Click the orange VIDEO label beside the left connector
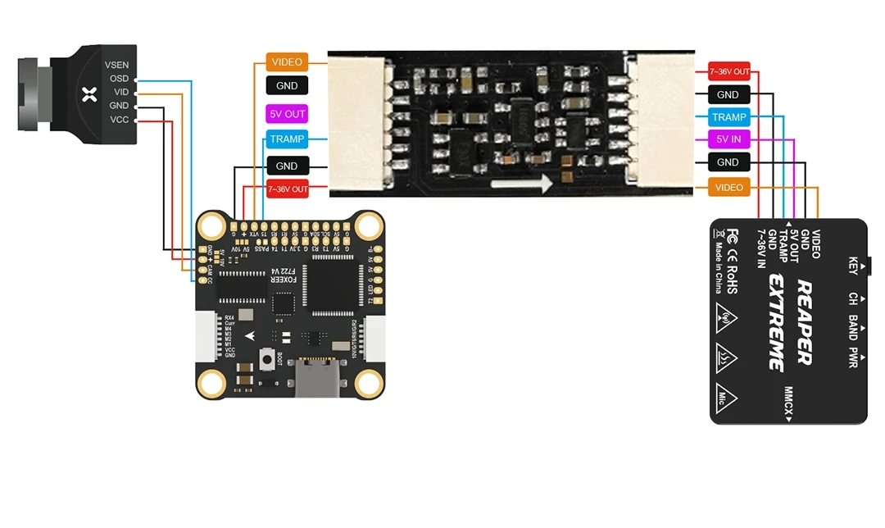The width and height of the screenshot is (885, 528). (287, 62)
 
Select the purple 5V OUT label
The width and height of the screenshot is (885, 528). (287, 113)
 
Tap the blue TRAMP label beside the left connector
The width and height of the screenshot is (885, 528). (287, 139)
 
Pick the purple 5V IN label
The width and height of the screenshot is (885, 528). (728, 139)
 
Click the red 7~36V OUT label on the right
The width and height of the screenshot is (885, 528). (728, 71)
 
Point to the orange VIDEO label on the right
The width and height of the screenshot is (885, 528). (728, 188)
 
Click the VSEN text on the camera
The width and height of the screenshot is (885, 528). (116, 65)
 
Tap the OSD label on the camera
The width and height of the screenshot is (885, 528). (120, 79)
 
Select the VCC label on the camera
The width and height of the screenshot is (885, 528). (119, 120)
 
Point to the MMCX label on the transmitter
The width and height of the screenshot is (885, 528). (789, 404)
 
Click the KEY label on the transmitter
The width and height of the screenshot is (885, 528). (853, 266)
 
